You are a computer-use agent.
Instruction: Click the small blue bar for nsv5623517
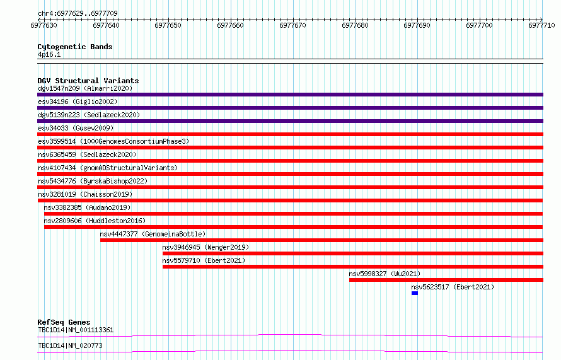415,293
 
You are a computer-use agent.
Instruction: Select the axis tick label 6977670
292,25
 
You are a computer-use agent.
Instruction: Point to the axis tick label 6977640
106,25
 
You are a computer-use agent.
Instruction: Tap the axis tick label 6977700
479,25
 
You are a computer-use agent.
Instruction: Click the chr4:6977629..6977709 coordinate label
78,13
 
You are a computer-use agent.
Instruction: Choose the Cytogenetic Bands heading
75,47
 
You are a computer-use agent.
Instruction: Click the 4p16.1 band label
49,54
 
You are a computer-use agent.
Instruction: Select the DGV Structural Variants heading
88,81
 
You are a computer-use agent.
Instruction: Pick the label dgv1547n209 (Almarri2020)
85,88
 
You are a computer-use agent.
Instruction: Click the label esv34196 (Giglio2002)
78,102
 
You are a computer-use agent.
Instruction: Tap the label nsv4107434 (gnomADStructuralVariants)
108,168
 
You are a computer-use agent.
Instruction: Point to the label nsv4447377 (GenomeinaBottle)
153,234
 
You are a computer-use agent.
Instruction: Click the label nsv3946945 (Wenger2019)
205,247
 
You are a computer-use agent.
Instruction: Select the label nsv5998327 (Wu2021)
385,274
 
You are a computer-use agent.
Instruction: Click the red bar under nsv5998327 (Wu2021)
446,280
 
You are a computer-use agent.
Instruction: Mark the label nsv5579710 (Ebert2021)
204,260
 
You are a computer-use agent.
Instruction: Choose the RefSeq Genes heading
64,322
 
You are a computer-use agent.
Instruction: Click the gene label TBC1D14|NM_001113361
76,330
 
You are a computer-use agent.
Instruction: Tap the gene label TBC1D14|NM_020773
70,345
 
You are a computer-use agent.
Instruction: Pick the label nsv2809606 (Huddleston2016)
95,221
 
